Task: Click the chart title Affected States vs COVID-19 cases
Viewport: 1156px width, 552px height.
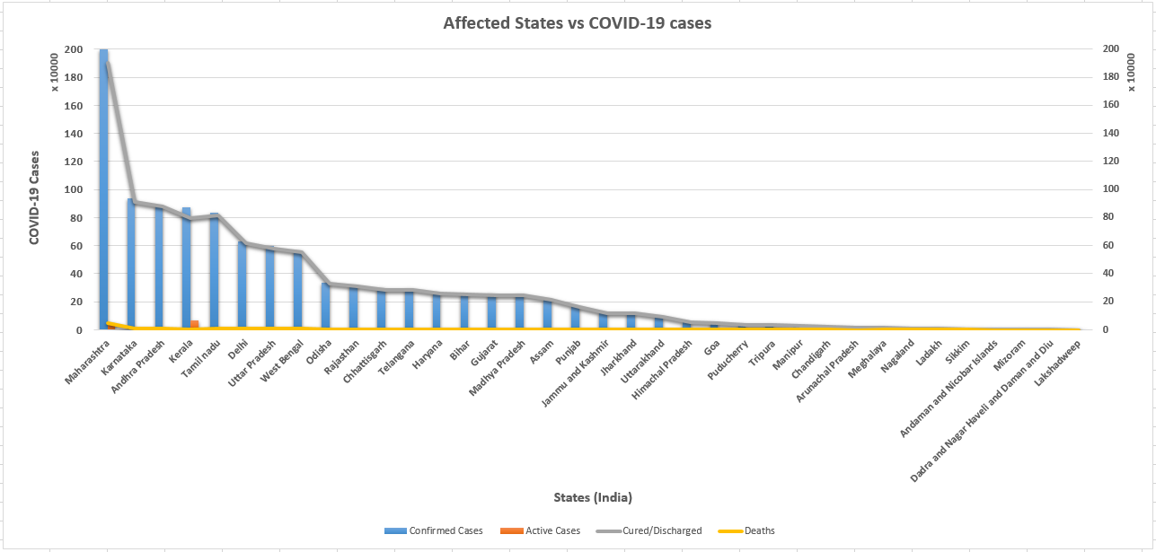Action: (x=577, y=23)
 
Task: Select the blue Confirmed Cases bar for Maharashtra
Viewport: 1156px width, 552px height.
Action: (x=104, y=188)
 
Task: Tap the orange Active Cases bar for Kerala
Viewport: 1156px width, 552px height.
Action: (x=195, y=324)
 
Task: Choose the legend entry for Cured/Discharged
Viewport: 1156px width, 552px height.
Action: (x=658, y=530)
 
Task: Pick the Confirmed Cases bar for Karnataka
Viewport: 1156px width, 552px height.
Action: (x=131, y=265)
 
